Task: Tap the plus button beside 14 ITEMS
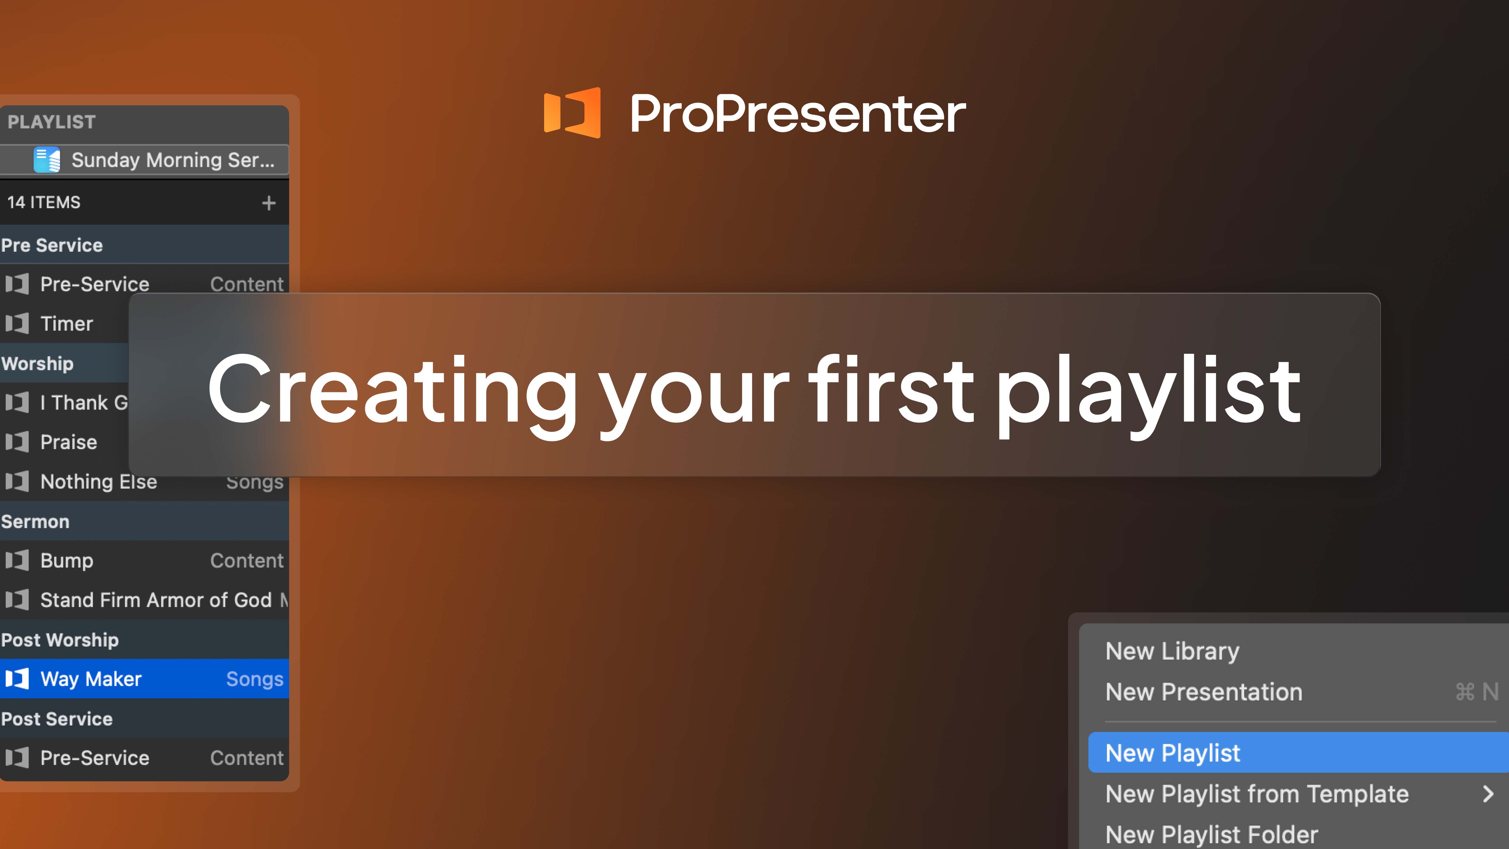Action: click(x=269, y=203)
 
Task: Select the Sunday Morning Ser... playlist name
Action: click(x=173, y=160)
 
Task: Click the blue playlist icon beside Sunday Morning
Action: click(x=47, y=160)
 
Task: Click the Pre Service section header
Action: click(x=52, y=245)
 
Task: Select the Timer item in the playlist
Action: click(x=66, y=323)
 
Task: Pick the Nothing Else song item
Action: click(x=99, y=482)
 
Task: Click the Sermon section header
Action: click(x=35, y=521)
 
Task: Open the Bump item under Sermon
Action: click(x=67, y=561)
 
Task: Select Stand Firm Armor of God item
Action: click(x=156, y=600)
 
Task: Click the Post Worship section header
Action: click(x=60, y=640)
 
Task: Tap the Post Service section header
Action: click(x=57, y=719)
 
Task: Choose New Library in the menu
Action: click(x=1172, y=651)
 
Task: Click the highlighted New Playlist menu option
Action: click(x=1173, y=753)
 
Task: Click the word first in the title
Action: click(x=890, y=390)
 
